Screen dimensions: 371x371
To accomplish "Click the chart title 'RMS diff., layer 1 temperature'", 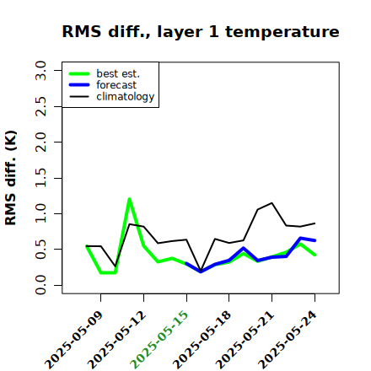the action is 201,32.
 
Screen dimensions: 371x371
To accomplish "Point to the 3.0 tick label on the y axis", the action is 40,70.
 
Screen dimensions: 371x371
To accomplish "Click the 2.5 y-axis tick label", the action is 40,106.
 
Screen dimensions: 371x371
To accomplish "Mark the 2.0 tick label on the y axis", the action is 40,142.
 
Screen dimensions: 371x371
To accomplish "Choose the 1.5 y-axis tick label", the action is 40,178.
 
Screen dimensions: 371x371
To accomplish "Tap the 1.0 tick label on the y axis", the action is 40,213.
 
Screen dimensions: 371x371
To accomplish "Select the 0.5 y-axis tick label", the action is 40,250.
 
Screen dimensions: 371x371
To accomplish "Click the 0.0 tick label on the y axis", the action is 40,285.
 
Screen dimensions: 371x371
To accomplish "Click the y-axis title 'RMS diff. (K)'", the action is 11,178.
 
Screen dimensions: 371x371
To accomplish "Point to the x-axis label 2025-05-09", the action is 74,340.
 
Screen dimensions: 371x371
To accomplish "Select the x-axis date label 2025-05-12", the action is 117,340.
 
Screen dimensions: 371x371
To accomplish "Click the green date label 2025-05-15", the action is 159,340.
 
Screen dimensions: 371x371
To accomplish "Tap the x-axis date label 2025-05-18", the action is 202,340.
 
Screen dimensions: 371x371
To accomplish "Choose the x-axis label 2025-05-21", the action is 245,340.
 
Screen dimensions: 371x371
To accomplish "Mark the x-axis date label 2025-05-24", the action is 288,340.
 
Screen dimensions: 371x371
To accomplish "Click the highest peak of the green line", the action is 129,199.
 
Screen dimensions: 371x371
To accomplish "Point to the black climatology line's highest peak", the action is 272,202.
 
